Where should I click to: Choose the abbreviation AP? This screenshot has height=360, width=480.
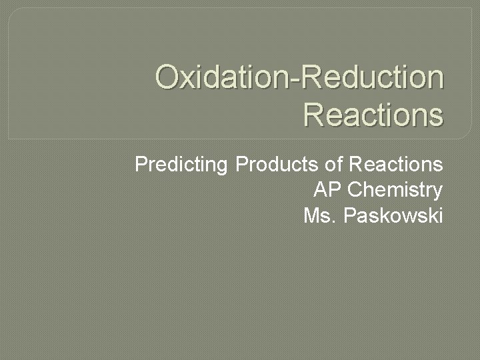[x=327, y=190]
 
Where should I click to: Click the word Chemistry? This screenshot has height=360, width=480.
[x=395, y=190]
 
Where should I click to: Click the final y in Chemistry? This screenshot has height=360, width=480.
[x=437, y=193]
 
